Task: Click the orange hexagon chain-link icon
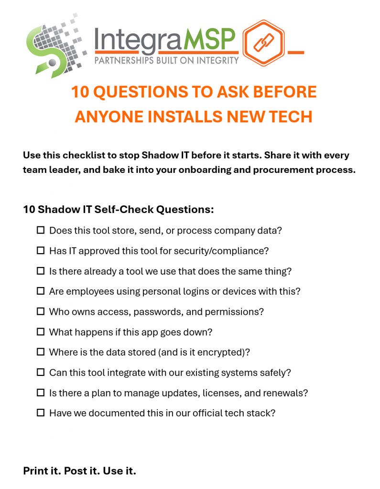point(263,43)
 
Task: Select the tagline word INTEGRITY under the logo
point(217,60)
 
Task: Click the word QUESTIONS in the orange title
point(140,92)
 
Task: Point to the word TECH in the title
point(291,117)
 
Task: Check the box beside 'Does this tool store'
point(41,230)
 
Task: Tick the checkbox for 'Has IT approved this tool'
point(41,250)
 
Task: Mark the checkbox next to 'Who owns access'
point(41,311)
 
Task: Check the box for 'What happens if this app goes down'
point(41,331)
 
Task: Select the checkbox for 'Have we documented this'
point(41,413)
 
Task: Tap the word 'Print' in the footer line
point(35,470)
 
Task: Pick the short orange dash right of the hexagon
point(296,53)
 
